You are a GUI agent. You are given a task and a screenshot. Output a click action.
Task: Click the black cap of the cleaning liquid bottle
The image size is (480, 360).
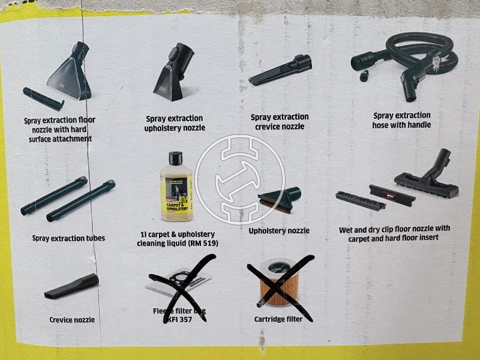[x=176, y=158]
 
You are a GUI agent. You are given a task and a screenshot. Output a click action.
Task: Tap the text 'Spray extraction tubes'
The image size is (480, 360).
[x=68, y=238]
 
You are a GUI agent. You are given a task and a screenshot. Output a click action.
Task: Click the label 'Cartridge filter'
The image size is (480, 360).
[x=278, y=319]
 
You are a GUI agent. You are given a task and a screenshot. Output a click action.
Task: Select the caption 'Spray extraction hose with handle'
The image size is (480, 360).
[x=402, y=120]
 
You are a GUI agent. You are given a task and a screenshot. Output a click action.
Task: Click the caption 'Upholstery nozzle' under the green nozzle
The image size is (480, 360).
[x=279, y=230]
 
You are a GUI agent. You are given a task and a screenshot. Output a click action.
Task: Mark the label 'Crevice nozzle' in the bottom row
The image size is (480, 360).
[x=72, y=320]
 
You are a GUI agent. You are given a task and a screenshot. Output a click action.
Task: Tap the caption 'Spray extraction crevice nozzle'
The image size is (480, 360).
[x=280, y=122]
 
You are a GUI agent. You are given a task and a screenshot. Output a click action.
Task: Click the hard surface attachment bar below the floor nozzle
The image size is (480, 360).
[x=44, y=98]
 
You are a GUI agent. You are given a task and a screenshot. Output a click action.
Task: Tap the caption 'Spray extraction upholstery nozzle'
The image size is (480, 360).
[x=175, y=123]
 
